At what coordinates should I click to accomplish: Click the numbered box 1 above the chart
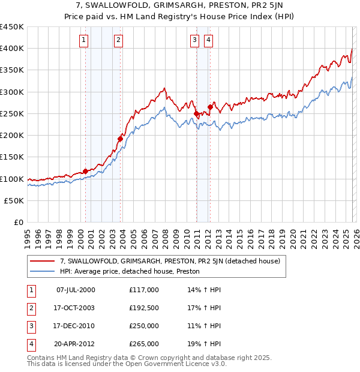83,40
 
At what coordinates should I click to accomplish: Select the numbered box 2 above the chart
118,40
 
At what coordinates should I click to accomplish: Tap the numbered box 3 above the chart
195,40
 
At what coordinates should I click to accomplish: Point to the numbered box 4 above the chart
208,40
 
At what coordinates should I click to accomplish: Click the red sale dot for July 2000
85,171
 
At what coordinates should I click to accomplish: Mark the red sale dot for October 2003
121,139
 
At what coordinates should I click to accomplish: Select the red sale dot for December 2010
196,113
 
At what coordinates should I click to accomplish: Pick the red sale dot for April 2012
210,107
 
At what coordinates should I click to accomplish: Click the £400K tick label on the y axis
12,49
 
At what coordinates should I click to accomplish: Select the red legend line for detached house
43,261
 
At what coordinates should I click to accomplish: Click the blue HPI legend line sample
43,271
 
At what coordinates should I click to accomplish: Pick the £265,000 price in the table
144,344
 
